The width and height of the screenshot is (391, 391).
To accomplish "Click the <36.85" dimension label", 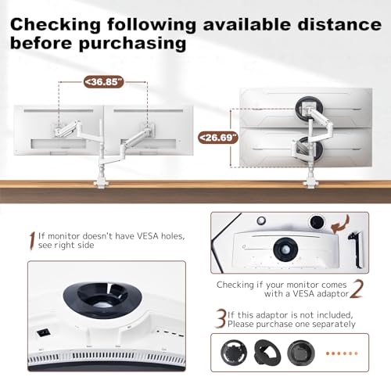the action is pyautogui.click(x=103, y=82).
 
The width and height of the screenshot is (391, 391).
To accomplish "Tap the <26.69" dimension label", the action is pyautogui.click(x=218, y=138).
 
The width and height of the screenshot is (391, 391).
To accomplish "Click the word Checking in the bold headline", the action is pyautogui.click(x=56, y=24).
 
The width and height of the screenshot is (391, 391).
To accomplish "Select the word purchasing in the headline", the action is pyautogui.click(x=132, y=44).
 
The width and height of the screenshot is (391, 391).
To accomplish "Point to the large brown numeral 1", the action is pyautogui.click(x=32, y=241).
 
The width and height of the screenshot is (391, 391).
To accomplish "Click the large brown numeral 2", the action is pyautogui.click(x=357, y=289).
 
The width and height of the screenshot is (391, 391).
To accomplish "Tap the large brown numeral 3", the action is pyautogui.click(x=220, y=318).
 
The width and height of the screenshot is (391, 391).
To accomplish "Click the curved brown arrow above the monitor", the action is pyautogui.click(x=340, y=224).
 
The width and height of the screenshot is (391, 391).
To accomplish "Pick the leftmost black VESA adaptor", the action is pyautogui.click(x=234, y=353).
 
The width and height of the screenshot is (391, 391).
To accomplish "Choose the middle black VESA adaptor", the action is pyautogui.click(x=267, y=353).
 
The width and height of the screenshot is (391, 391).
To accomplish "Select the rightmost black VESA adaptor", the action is pyautogui.click(x=301, y=353).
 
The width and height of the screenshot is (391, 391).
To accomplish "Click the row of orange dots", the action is pyautogui.click(x=342, y=353).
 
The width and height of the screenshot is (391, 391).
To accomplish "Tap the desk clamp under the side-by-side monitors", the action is pyautogui.click(x=100, y=182).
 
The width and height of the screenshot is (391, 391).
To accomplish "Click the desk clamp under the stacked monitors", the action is pyautogui.click(x=310, y=183).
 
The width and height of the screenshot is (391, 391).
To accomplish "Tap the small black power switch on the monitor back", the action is pyautogui.click(x=43, y=333).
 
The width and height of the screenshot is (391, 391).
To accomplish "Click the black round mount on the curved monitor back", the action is pyautogui.click(x=285, y=249).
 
